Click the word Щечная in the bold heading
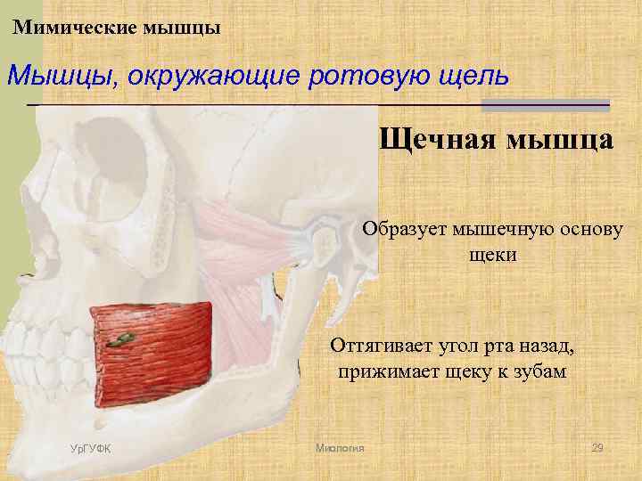pyautogui.click(x=433, y=140)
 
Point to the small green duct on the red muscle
pyautogui.click(x=119, y=340)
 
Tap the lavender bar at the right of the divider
pyautogui.click(x=545, y=105)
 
